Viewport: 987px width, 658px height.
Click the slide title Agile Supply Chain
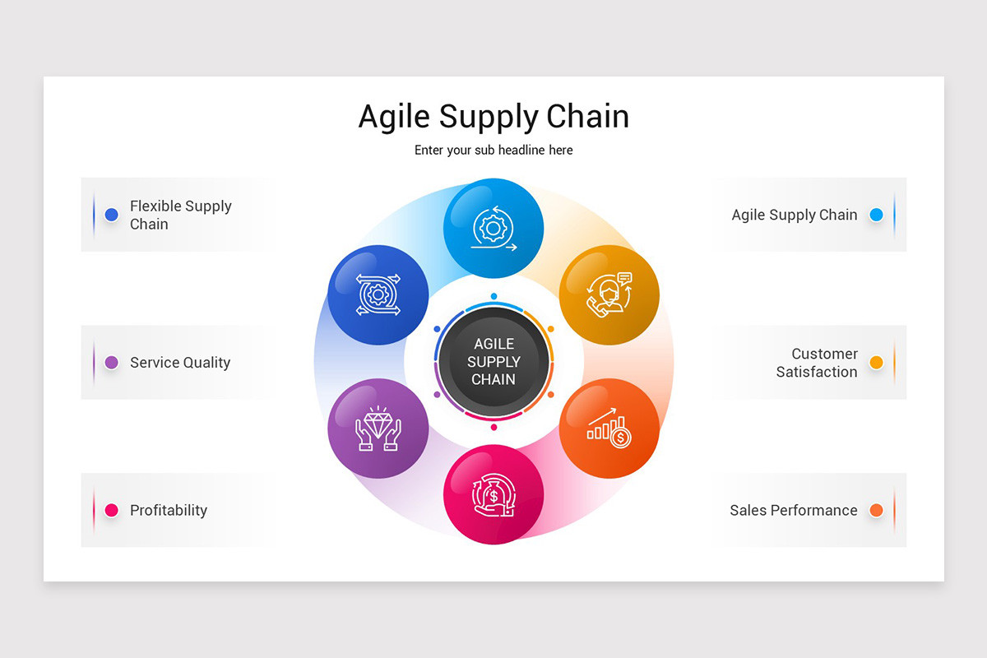pos(493,117)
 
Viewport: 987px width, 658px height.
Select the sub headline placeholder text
pos(493,151)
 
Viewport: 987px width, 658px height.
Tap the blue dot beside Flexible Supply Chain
pos(112,215)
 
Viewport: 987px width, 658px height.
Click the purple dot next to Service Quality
pos(112,363)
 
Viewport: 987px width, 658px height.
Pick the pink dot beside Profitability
pos(112,510)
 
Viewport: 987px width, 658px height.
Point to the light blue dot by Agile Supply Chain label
pos(876,215)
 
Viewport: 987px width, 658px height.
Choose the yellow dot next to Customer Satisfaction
pos(876,363)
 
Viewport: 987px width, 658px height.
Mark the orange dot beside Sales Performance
pos(876,510)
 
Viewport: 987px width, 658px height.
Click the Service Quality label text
pos(180,363)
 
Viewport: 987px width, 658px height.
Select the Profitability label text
pos(169,510)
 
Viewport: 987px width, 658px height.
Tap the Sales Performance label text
pos(793,510)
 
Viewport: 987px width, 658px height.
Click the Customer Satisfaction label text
pos(817,363)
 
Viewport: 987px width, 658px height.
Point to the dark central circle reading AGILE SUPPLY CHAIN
pos(493,362)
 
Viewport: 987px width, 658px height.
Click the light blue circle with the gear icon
pos(493,228)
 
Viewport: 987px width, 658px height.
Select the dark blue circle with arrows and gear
pos(378,294)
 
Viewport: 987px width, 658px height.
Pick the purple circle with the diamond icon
pos(378,429)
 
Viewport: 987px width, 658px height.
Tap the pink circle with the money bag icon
pos(493,494)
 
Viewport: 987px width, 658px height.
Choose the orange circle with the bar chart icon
pos(609,429)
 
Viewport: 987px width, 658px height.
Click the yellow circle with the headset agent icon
pos(609,294)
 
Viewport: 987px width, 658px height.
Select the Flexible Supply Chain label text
pos(181,215)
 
